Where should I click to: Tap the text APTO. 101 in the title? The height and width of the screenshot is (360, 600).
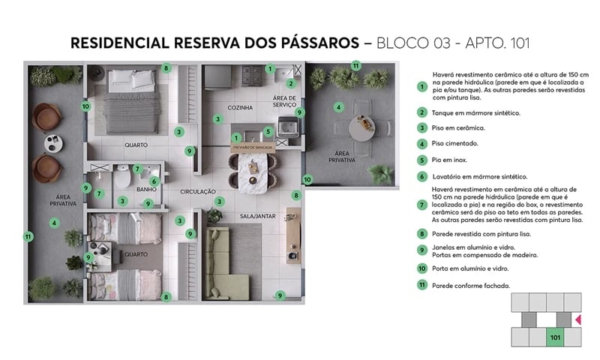point(496,43)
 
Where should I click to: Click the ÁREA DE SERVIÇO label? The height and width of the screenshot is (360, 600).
point(284,102)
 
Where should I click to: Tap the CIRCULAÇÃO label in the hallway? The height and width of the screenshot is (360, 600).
point(198,192)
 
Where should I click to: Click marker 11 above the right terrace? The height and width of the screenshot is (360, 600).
point(356,65)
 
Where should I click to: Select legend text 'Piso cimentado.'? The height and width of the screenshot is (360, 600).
point(454,143)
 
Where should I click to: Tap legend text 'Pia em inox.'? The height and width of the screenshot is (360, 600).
point(449,160)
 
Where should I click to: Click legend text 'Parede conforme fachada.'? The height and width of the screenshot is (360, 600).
point(470,286)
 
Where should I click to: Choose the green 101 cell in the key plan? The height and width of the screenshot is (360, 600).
point(556,337)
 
